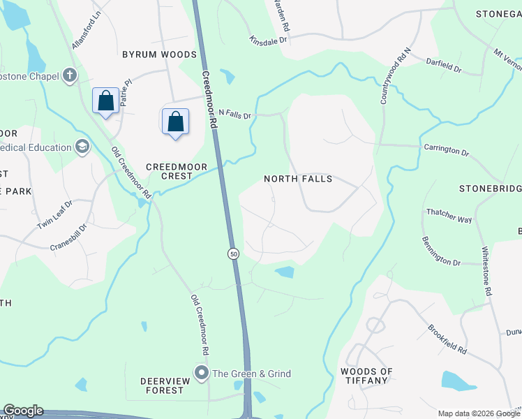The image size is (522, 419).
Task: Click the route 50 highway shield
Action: click(x=233, y=254)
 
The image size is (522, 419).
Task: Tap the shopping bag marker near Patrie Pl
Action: click(x=105, y=101)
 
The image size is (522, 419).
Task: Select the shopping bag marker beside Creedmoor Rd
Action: click(x=174, y=122)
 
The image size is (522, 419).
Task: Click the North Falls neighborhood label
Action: click(x=298, y=179)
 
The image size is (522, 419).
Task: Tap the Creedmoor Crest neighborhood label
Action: click(x=169, y=172)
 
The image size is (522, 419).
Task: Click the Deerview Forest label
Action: click(x=161, y=385)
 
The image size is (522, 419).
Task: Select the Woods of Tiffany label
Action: click(x=366, y=376)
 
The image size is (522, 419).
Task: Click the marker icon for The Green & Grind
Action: click(x=202, y=374)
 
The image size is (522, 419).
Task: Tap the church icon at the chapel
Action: click(x=69, y=75)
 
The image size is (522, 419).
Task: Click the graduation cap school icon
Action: click(x=82, y=147)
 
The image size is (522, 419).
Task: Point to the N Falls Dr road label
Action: click(x=234, y=113)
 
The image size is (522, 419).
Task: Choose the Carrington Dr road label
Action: click(x=446, y=149)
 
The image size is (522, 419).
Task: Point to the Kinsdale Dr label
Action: click(x=269, y=41)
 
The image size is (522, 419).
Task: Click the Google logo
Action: click(x=23, y=411)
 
